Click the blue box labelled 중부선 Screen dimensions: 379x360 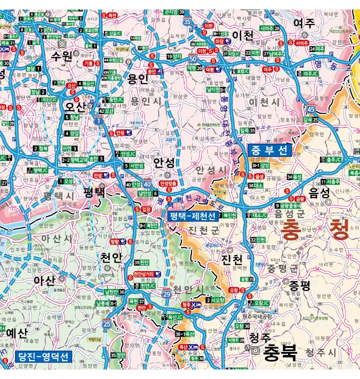[x=269, y=149]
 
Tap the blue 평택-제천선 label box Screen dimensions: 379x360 [x=192, y=216]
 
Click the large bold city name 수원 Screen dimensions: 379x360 [x=61, y=56]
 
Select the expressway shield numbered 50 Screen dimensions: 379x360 [x=192, y=59]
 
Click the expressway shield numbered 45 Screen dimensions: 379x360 [x=311, y=109]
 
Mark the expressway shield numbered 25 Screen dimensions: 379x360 [x=106, y=325]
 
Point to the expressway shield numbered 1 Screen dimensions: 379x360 [x=98, y=120]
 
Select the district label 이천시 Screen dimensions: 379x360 [x=264, y=102]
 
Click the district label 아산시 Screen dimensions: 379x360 [x=56, y=239]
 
